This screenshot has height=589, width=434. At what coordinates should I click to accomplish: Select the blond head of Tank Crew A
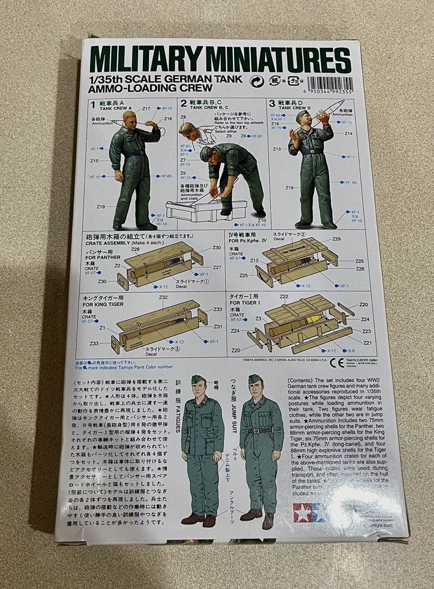pyautogui.click(x=131, y=117)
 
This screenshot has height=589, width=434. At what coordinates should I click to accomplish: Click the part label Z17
pyautogui.click(x=147, y=109)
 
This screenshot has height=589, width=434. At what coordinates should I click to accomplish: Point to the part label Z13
pyautogui.click(x=276, y=149)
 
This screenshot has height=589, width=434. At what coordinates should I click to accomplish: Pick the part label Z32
pyautogui.click(x=163, y=298)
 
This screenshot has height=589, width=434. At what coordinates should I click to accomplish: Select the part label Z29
pyautogui.click(x=335, y=239)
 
